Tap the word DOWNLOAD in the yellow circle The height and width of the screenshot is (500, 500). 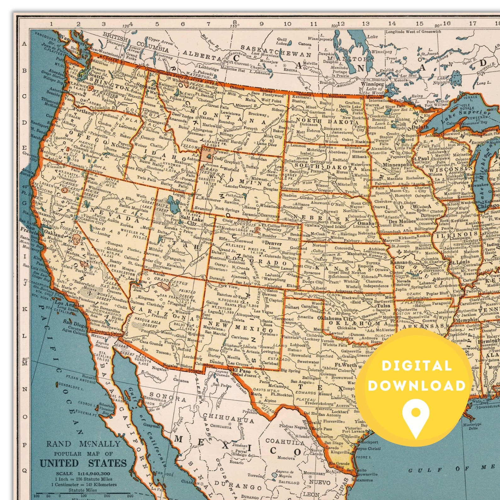(417, 386)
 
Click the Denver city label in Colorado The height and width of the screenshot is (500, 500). (273, 243)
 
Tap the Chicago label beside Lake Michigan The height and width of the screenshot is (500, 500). (488, 206)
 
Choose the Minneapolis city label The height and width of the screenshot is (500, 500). (397, 165)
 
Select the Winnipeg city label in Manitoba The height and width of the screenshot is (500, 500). (372, 84)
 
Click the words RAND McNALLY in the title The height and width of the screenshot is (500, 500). (83, 444)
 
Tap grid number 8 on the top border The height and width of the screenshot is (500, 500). (235, 22)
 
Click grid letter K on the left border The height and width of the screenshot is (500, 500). (25, 309)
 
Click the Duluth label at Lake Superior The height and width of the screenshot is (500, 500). (420, 127)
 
